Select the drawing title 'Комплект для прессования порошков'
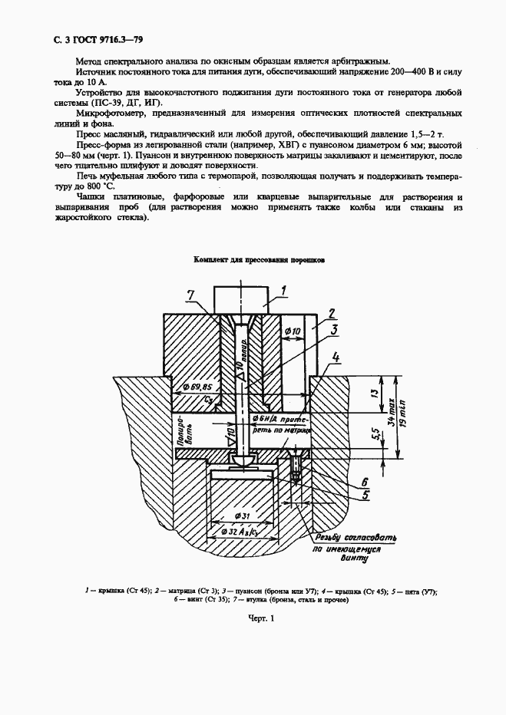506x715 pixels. (259, 261)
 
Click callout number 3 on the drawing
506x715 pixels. (336, 330)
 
